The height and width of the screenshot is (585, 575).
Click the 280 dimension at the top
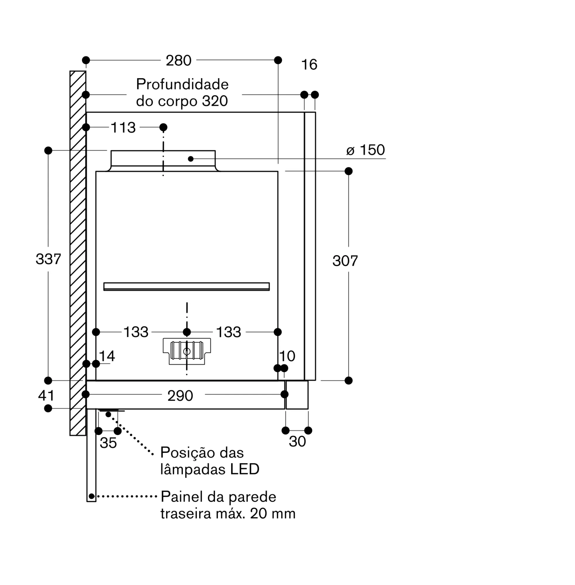click(178, 61)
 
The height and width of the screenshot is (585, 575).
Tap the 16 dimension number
click(309, 65)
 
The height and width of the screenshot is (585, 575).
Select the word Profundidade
click(182, 84)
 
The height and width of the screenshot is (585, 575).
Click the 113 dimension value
click(123, 128)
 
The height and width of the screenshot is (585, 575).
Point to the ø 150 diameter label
click(365, 150)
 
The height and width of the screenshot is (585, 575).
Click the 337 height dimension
click(48, 259)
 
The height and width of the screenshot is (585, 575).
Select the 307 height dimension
click(345, 261)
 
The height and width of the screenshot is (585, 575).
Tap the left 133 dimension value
click(136, 332)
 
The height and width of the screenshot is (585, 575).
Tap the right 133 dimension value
click(229, 332)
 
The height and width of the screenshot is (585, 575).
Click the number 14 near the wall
click(107, 356)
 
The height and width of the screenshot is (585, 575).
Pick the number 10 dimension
click(287, 356)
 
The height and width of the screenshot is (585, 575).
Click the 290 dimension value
click(180, 396)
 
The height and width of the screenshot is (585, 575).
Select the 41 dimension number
click(46, 395)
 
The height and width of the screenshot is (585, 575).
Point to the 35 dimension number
click(108, 443)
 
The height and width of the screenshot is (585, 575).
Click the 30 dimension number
click(298, 442)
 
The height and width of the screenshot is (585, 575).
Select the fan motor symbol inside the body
click(187, 351)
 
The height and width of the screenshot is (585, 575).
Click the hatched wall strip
click(78, 253)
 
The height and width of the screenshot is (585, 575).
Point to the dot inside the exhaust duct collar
click(190, 159)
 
